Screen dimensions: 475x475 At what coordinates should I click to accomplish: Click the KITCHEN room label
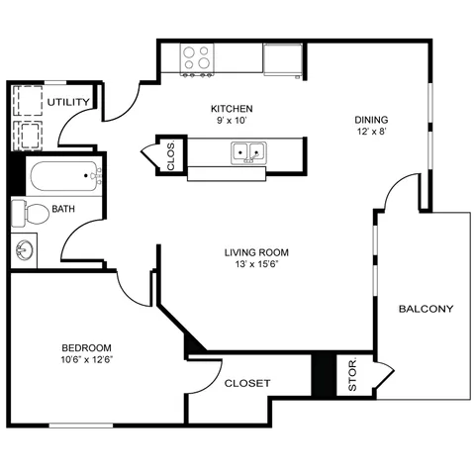coord(232,109)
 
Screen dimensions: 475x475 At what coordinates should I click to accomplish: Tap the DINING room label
coord(371,120)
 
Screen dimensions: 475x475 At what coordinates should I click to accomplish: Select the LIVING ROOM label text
coord(256,252)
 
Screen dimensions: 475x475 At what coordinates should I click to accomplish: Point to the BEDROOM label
coord(87,348)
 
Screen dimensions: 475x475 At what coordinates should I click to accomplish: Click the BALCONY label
coord(427,309)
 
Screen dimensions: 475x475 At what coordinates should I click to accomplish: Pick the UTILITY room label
coord(68,102)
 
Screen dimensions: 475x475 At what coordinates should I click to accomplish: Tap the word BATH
coord(63,209)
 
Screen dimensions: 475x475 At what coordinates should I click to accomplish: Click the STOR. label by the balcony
coord(352,374)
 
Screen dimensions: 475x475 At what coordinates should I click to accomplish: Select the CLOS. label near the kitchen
coord(171,156)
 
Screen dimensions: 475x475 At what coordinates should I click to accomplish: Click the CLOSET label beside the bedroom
coord(247,383)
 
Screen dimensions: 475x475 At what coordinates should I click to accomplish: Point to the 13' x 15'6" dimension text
coord(256,264)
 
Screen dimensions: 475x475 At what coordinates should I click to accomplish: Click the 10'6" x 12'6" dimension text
coord(87,359)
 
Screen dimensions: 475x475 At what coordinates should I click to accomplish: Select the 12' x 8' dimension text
coord(371,132)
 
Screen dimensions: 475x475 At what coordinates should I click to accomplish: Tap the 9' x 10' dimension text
coord(232,121)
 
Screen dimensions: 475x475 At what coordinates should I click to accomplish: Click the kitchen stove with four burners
coord(197,59)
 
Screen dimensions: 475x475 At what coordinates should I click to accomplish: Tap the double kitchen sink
coord(248,153)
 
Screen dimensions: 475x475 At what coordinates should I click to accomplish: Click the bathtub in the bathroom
coord(64,176)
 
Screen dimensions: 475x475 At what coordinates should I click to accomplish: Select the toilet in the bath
coord(30,213)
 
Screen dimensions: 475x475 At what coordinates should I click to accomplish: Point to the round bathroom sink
coord(25,249)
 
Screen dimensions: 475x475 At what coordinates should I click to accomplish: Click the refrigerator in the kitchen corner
coord(283,59)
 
